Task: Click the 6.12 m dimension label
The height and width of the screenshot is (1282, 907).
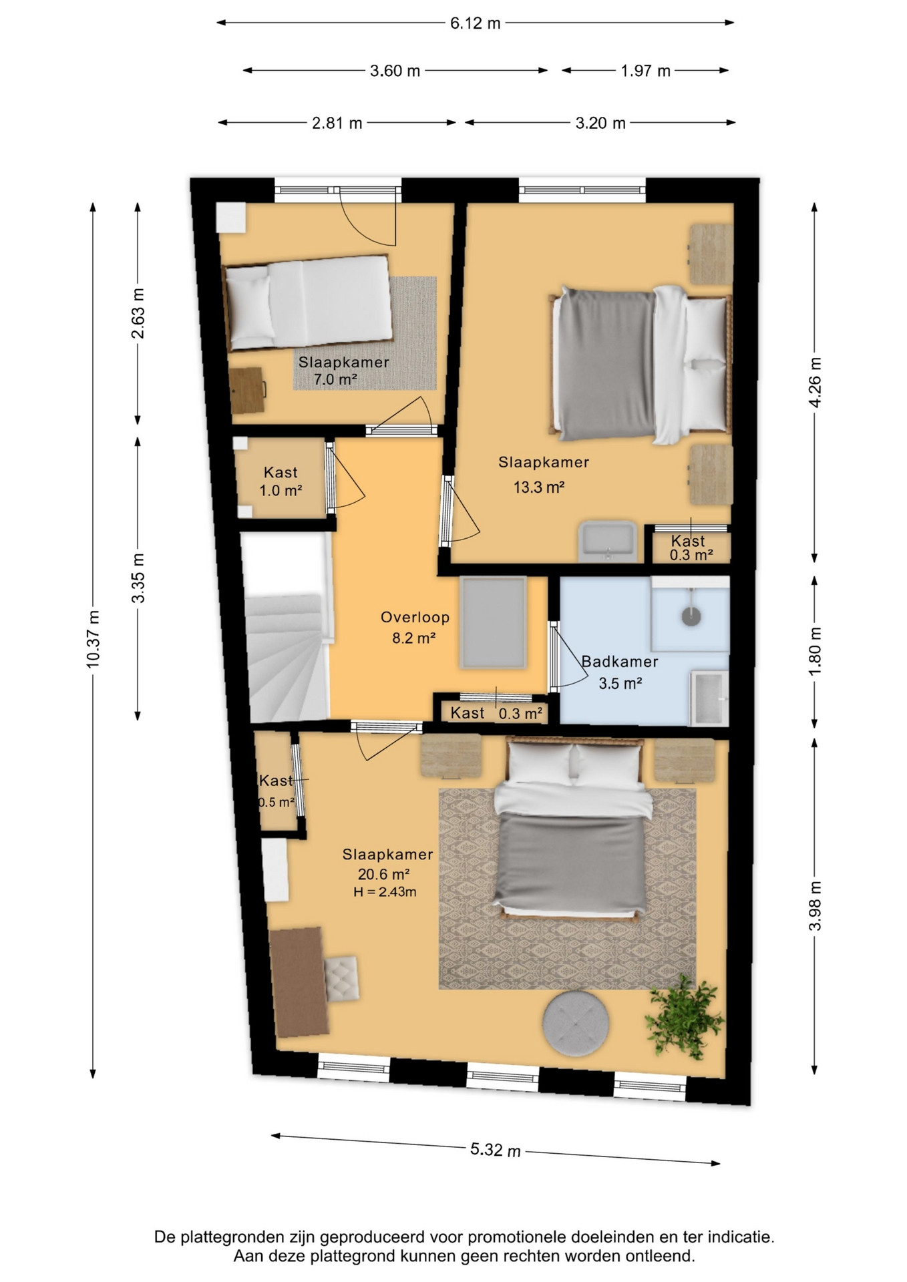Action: coord(475,23)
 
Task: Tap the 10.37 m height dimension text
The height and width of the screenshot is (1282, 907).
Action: coord(93,639)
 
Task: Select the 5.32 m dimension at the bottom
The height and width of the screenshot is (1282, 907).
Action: coord(496,1149)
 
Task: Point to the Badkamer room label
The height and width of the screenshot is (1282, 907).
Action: coord(620,662)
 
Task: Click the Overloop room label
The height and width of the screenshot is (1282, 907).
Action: coord(415,618)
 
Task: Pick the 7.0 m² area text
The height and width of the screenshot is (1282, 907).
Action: coord(335,380)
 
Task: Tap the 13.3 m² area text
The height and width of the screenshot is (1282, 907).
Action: coord(539,487)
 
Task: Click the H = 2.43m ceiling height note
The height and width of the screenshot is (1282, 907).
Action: coord(385,892)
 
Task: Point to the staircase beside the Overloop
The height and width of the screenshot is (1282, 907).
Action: coord(287,628)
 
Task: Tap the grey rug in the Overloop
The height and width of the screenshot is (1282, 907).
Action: coord(493,622)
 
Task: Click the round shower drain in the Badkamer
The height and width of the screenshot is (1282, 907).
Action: coord(691,616)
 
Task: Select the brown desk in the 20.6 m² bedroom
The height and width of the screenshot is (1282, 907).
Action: coord(299,982)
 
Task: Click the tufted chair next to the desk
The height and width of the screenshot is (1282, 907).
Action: coord(341,978)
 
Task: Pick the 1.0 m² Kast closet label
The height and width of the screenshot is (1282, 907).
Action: coord(281,481)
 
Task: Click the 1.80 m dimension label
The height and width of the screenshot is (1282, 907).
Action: coord(815,651)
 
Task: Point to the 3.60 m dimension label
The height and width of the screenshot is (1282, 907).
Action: coord(395,71)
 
